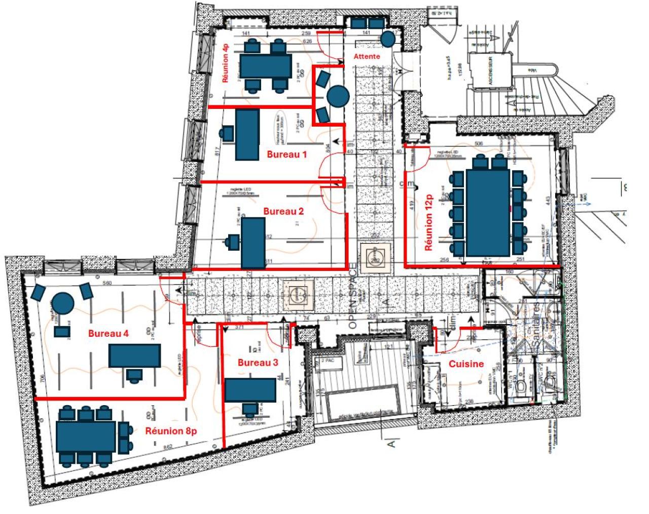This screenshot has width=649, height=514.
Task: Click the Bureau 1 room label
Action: click(x=287, y=154)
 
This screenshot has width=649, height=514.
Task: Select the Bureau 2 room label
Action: click(x=283, y=211)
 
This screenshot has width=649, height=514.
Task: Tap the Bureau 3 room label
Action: click(x=258, y=363)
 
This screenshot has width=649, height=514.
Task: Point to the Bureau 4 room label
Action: click(x=109, y=333)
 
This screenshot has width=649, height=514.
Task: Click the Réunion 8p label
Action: click(x=171, y=431)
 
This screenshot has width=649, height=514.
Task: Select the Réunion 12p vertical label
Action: click(x=429, y=222)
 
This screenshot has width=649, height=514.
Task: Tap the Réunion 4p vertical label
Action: click(x=226, y=63)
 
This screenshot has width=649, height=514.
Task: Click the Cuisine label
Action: click(x=466, y=364)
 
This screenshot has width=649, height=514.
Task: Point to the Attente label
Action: click(x=367, y=56)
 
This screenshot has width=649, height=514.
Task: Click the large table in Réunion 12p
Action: click(x=488, y=213)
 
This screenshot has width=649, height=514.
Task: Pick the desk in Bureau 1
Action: click(x=247, y=135)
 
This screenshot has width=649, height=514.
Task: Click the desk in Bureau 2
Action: click(x=253, y=243)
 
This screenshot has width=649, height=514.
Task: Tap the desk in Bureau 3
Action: click(x=250, y=390)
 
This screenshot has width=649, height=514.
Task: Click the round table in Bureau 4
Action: click(x=63, y=303)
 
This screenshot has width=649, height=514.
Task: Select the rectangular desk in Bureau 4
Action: click(x=134, y=355)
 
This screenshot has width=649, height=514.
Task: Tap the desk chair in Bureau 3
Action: click(x=249, y=409)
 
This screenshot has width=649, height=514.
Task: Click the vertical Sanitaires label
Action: click(x=536, y=324)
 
